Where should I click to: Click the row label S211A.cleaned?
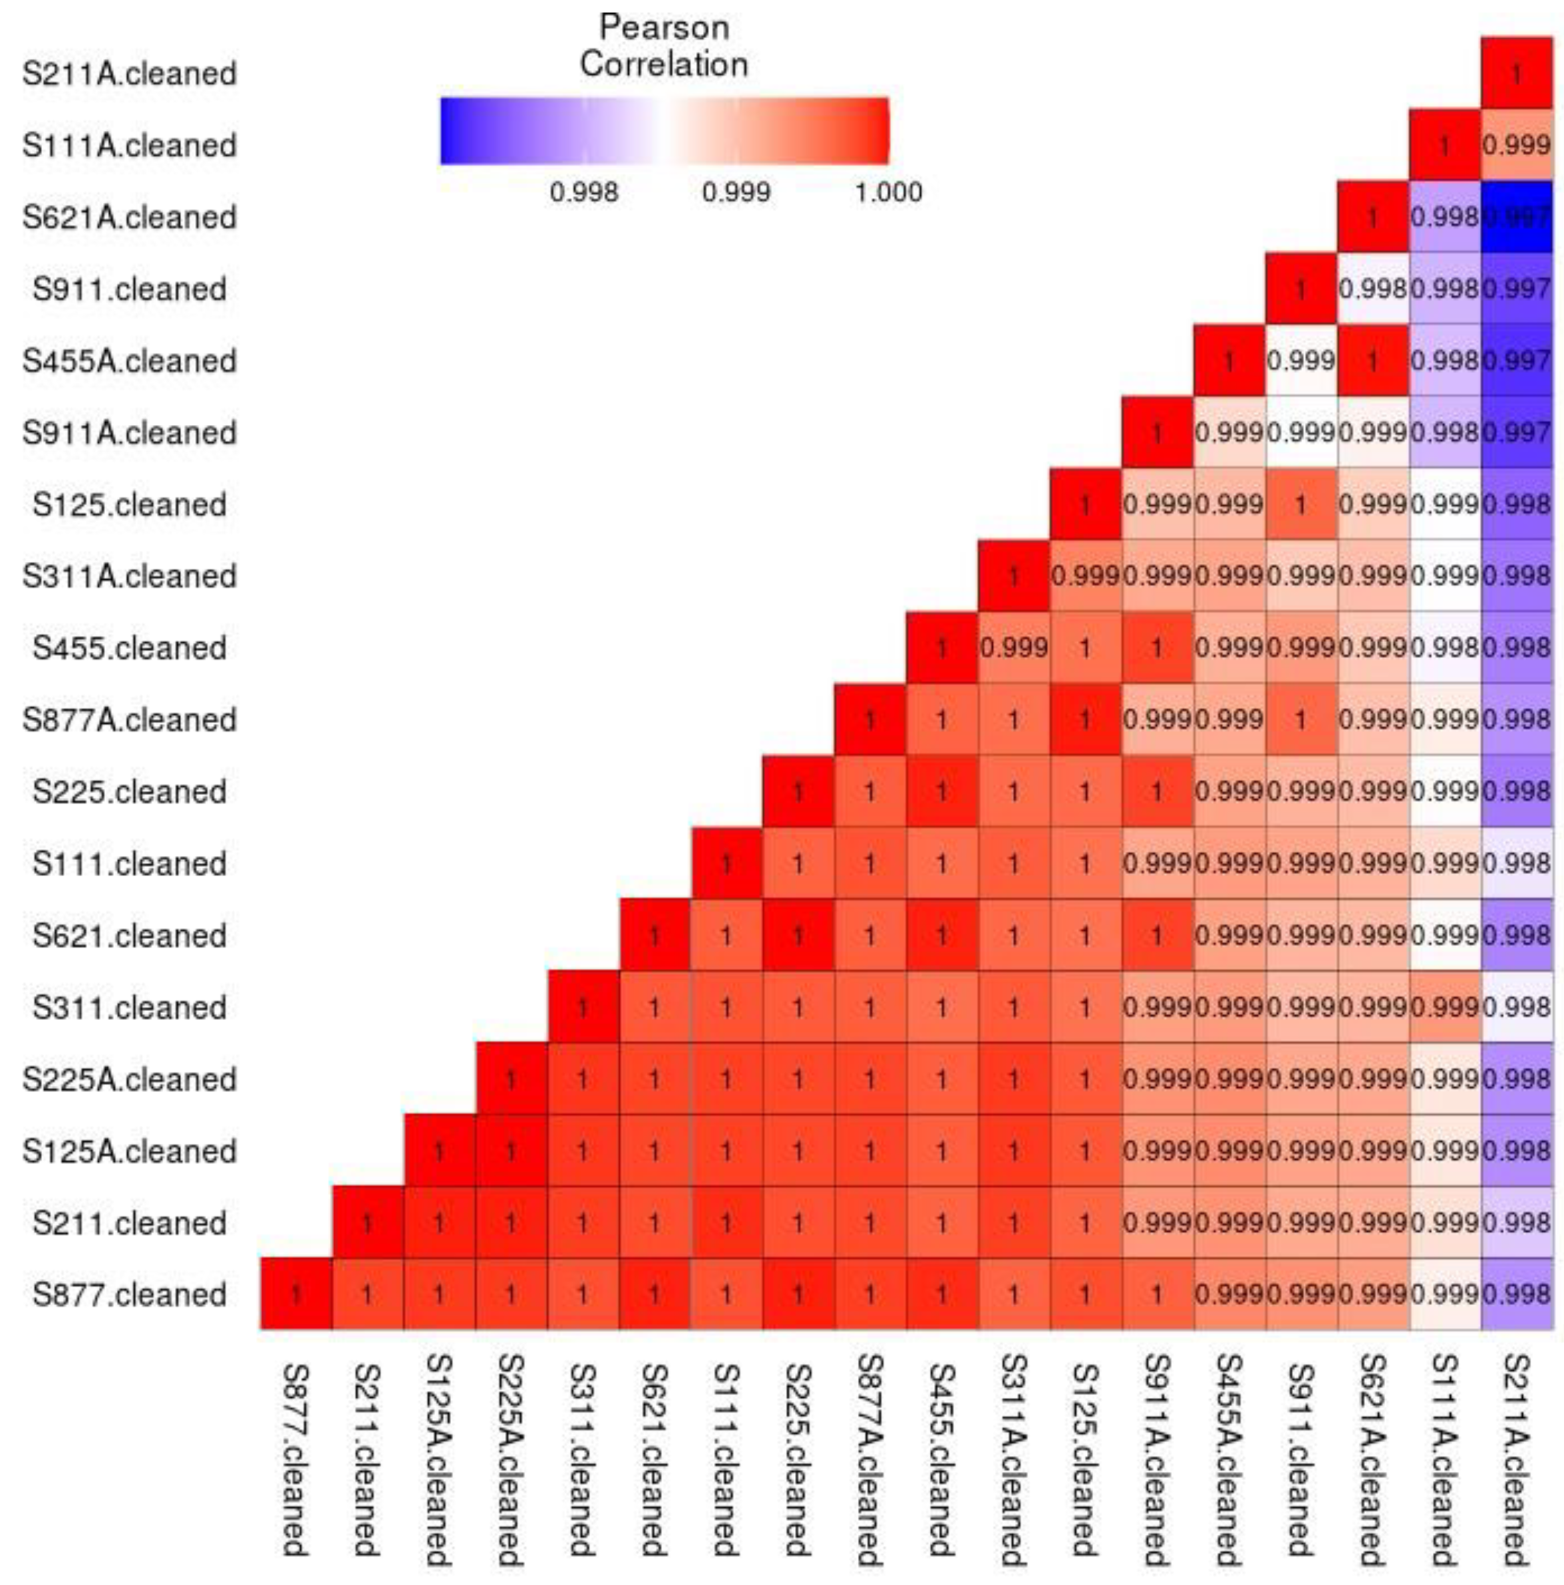click(129, 73)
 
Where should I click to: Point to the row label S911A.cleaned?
click(129, 432)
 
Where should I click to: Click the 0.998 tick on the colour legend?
click(583, 192)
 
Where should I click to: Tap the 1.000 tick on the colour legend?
click(888, 192)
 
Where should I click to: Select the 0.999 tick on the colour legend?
click(736, 192)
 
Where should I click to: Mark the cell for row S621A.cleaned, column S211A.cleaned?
click(1516, 216)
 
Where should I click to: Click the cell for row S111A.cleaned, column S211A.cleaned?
click(1516, 145)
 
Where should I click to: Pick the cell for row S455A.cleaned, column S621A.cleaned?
click(1373, 360)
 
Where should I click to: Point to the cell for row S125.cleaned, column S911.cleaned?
click(1301, 504)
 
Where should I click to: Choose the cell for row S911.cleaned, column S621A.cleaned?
click(1373, 289)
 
